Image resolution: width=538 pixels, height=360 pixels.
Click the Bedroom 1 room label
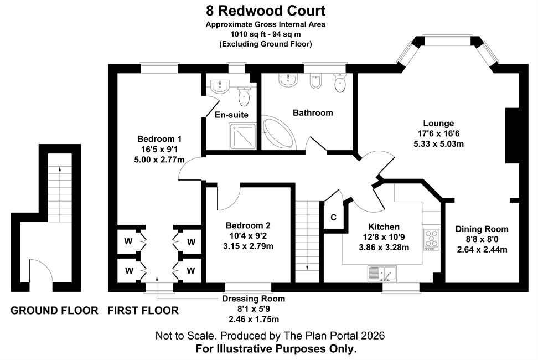(x=159, y=139)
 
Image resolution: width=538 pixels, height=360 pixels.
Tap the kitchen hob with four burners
(x=431, y=239)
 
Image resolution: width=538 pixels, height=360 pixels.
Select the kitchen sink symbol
(x=382, y=274)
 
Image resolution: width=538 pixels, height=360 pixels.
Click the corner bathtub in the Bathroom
(x=278, y=133)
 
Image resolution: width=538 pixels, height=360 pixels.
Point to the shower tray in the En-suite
(x=242, y=136)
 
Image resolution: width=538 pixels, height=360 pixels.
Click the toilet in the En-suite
(x=244, y=96)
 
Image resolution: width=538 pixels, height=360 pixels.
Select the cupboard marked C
(x=333, y=217)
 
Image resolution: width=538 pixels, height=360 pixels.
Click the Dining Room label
(x=482, y=229)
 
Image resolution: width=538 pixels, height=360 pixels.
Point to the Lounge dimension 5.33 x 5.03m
(x=438, y=144)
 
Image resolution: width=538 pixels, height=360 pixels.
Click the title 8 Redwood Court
(x=266, y=11)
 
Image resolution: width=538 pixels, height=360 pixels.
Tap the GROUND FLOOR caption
(x=54, y=311)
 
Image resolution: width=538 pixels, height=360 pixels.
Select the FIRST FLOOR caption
(x=143, y=311)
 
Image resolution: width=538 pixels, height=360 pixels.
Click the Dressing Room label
(x=254, y=299)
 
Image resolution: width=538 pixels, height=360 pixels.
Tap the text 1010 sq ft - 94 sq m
(x=266, y=34)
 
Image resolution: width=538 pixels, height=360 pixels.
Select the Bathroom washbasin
(x=288, y=81)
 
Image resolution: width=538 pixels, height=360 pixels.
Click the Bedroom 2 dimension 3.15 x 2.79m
(x=248, y=246)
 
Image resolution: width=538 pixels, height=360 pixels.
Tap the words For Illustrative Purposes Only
(x=276, y=349)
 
